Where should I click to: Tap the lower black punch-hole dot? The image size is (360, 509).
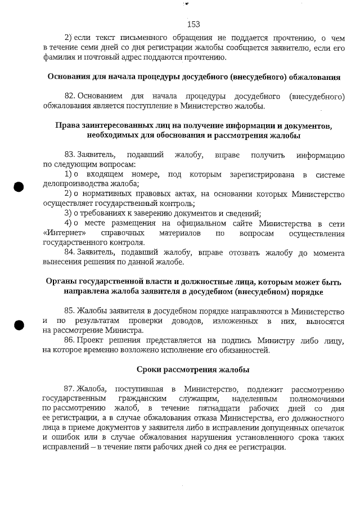tap(19, 325)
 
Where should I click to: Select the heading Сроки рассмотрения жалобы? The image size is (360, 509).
tap(193, 370)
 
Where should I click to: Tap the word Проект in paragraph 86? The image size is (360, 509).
tap(91, 340)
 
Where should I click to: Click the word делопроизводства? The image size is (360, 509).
tap(77, 184)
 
